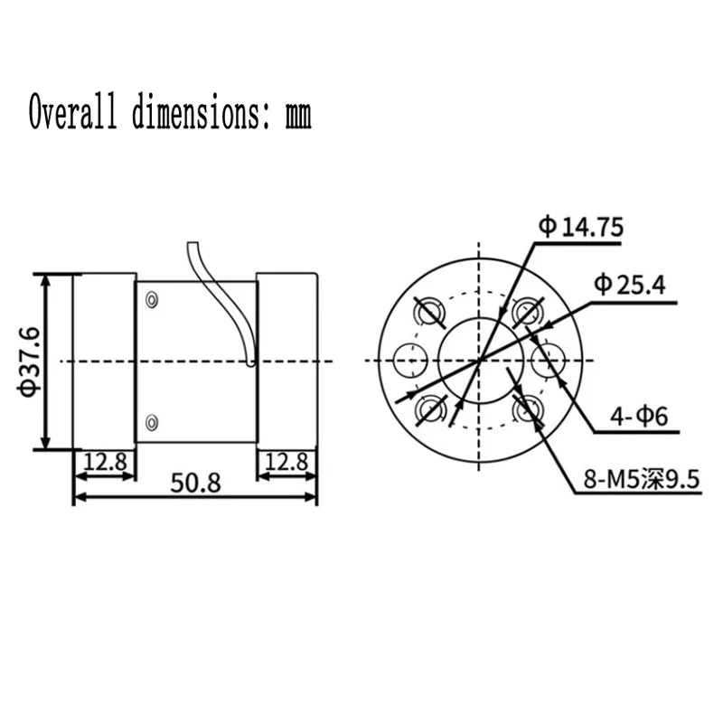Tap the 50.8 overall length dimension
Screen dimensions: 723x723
click(195, 484)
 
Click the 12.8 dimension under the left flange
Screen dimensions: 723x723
click(104, 462)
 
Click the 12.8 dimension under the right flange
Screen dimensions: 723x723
click(288, 462)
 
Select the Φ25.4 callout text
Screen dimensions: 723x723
click(629, 286)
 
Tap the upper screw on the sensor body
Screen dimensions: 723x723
click(151, 299)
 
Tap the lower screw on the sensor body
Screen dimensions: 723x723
click(151, 421)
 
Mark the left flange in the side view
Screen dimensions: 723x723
click(104, 360)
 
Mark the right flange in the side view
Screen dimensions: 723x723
click(287, 360)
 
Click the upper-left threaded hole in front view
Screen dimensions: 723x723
click(428, 313)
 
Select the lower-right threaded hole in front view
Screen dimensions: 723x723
click(527, 410)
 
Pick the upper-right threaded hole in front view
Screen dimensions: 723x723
click(527, 313)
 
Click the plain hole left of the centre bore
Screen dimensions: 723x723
click(410, 361)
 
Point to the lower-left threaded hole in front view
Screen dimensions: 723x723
click(428, 410)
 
